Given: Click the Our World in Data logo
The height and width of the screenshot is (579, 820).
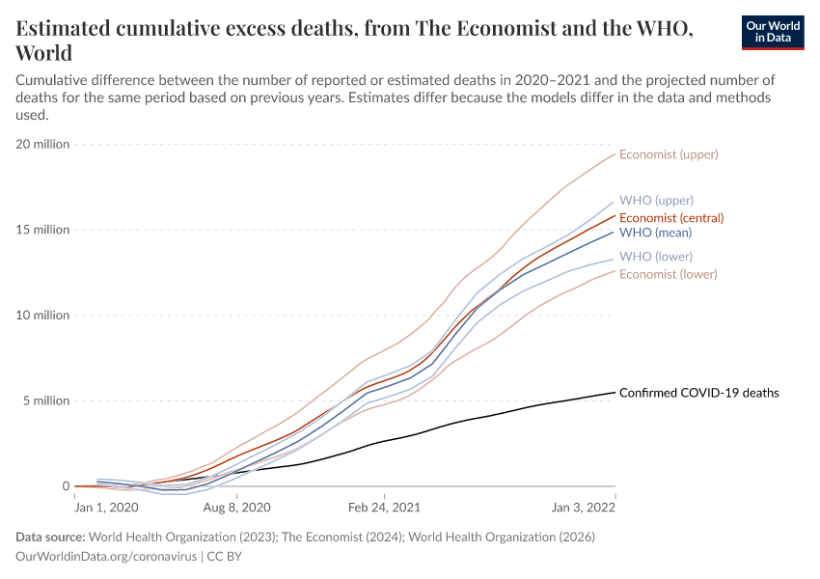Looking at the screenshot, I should pos(773,32).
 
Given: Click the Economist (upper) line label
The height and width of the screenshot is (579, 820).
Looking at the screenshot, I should pos(669,154).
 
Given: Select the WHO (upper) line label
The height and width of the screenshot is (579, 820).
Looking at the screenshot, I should pos(656,201).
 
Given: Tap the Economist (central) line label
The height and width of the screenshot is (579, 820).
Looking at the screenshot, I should pos(671,217).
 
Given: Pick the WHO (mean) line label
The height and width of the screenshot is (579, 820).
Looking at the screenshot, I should pos(655,233).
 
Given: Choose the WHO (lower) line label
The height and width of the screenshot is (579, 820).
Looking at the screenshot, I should pos(656,257).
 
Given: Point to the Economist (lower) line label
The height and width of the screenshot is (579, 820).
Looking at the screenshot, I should pos(669,274).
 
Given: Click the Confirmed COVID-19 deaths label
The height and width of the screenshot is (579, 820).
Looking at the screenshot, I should pos(698,393).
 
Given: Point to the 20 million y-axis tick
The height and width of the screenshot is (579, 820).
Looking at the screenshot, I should pos(42,144).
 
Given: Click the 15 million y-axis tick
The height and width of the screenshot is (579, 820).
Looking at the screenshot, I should pos(42,230).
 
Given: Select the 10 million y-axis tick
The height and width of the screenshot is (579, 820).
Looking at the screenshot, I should pos(42,316).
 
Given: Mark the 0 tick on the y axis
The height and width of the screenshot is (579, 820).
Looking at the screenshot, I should pos(65,486).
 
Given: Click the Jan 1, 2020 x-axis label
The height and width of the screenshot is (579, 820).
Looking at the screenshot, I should pos(107,507).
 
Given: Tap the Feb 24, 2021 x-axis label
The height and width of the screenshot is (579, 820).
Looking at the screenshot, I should pos(383,507).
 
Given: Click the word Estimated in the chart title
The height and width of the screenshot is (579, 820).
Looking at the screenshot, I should pos(69,30).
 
